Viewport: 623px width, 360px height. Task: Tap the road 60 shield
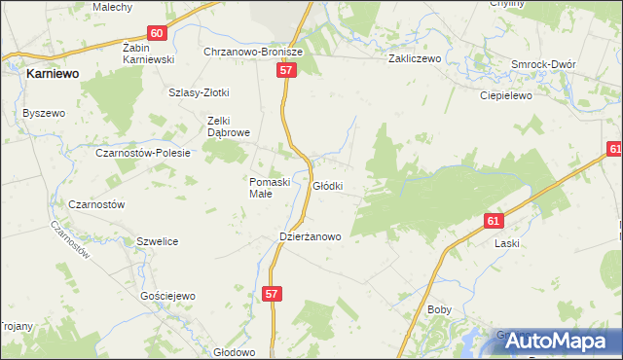[159, 32]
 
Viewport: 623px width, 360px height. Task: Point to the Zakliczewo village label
[415, 58]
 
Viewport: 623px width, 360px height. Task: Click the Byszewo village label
[43, 113]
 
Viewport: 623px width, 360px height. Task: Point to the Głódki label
[327, 185]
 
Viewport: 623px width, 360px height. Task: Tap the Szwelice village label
[157, 241]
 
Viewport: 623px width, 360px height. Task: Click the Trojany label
[17, 326]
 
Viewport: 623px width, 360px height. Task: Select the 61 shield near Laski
[495, 221]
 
